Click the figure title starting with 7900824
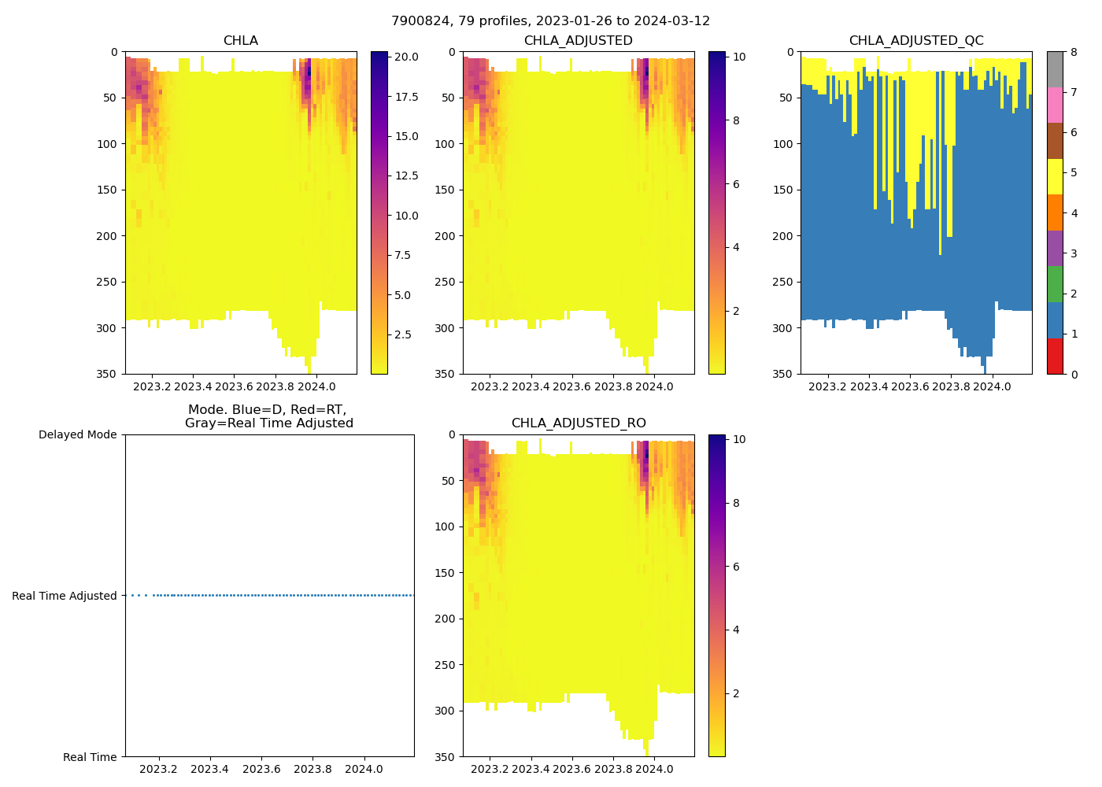pos(550,21)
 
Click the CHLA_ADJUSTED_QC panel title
pos(915,41)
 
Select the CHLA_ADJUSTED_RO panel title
pos(579,423)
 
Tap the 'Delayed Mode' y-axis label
pos(77,434)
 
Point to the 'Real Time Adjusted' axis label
pos(65,596)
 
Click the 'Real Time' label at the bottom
pos(90,757)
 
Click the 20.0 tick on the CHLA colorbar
pos(405,57)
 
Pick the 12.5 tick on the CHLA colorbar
pos(405,176)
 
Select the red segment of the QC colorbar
pos(1055,356)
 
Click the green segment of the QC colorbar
pos(1055,284)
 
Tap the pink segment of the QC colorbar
pos(1055,105)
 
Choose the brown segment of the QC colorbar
pos(1055,141)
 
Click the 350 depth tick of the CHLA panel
pos(108,374)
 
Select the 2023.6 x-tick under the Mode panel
pos(261,769)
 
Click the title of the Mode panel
pos(268,416)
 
